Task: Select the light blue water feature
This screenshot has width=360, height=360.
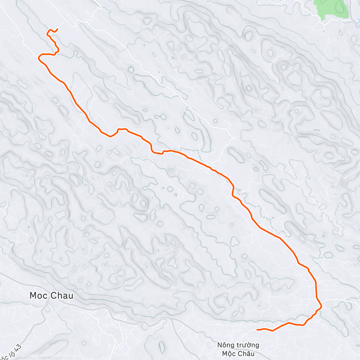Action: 358,21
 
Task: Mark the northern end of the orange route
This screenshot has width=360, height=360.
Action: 57,29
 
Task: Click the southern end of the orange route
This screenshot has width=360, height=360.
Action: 257,330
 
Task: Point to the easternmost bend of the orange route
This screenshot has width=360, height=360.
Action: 321,306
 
